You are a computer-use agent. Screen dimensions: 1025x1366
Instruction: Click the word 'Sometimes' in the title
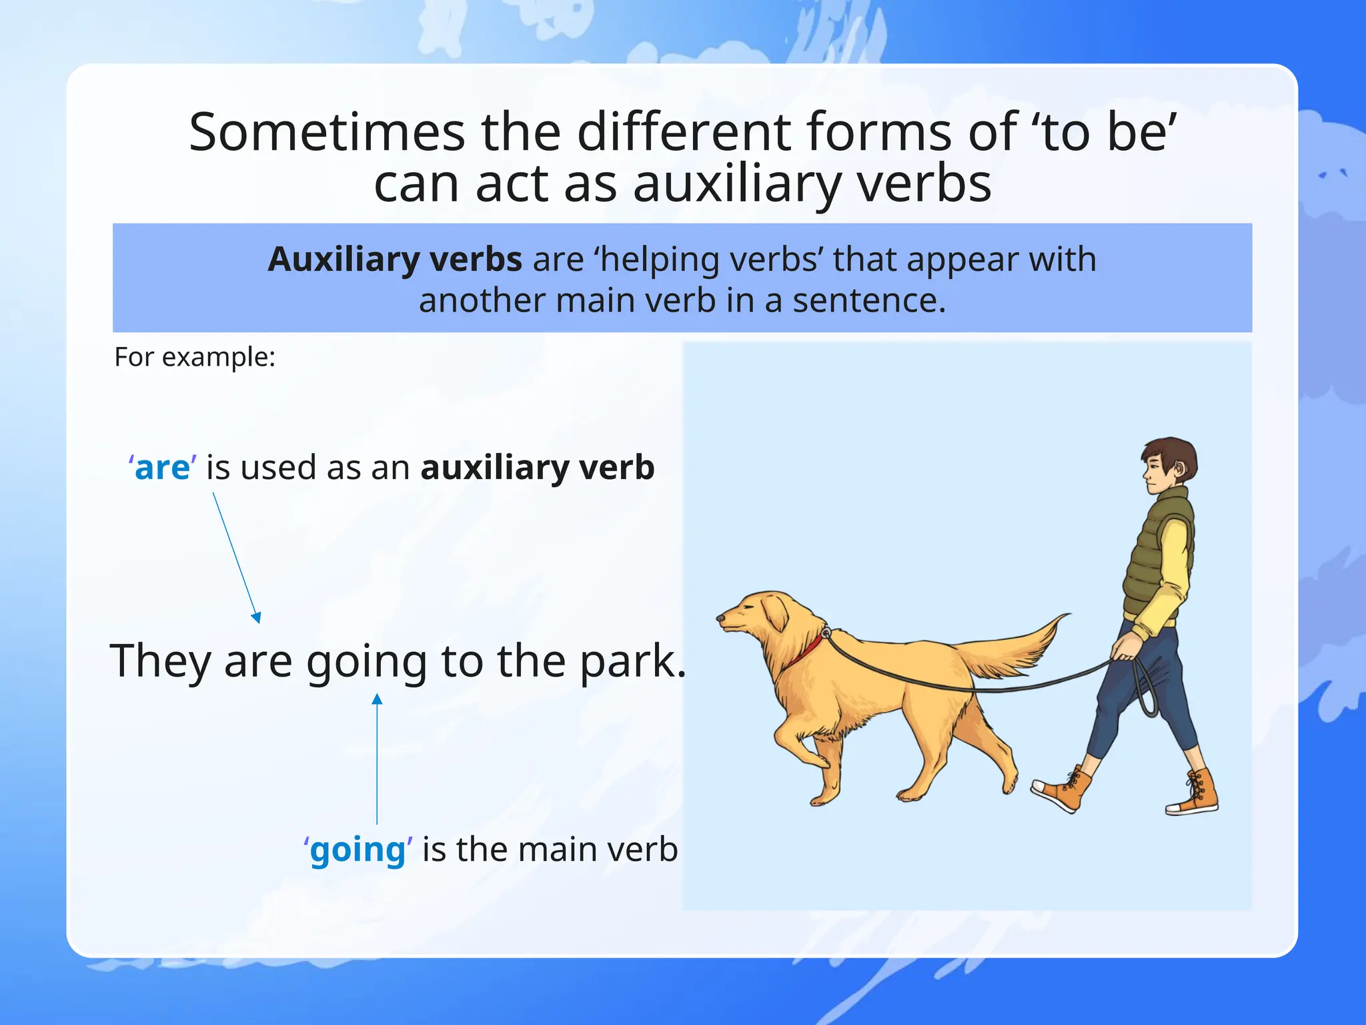327,132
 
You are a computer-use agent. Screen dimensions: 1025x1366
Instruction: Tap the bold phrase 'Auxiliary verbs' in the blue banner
394,259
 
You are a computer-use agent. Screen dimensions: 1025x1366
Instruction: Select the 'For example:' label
195,357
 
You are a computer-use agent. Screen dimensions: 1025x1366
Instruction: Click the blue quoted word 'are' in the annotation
163,467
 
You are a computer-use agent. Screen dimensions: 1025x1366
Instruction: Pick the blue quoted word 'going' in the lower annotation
358,849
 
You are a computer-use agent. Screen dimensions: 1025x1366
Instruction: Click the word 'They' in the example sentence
160,661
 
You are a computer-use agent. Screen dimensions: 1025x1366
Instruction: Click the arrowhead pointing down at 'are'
257,617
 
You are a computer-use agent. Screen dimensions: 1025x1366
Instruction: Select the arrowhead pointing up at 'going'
377,699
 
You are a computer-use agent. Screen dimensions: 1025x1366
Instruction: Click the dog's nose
720,619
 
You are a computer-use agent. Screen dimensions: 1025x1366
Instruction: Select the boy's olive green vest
1154,554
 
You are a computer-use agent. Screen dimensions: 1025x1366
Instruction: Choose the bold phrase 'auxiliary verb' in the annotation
538,467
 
